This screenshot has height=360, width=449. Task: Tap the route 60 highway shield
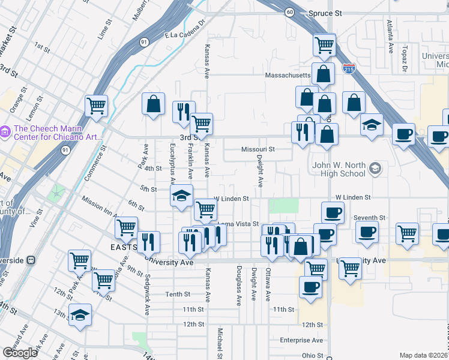pyautogui.click(x=290, y=12)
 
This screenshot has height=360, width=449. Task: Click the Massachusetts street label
pyautogui.click(x=288, y=76)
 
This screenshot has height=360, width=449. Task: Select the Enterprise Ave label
pyautogui.click(x=302, y=340)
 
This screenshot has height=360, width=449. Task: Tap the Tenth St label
pyautogui.click(x=178, y=294)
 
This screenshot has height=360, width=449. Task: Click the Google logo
pyautogui.click(x=20, y=352)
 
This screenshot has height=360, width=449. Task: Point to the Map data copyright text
pyautogui.click(x=423, y=355)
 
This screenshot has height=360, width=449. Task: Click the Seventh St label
pyautogui.click(x=369, y=218)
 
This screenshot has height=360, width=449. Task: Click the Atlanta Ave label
pyautogui.click(x=390, y=35)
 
